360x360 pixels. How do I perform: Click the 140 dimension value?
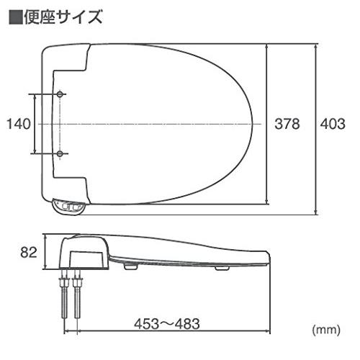pyautogui.click(x=17, y=124)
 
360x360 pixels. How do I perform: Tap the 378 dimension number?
pyautogui.click(x=288, y=124)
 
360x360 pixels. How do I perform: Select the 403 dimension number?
pyautogui.click(x=332, y=124)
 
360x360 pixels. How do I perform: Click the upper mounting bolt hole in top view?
pyautogui.click(x=60, y=95)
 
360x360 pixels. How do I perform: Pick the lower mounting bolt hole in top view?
pyautogui.click(x=60, y=153)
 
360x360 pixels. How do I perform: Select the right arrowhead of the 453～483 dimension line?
pyautogui.click(x=267, y=333)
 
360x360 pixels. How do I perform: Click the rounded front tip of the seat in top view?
pyautogui.click(x=256, y=124)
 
